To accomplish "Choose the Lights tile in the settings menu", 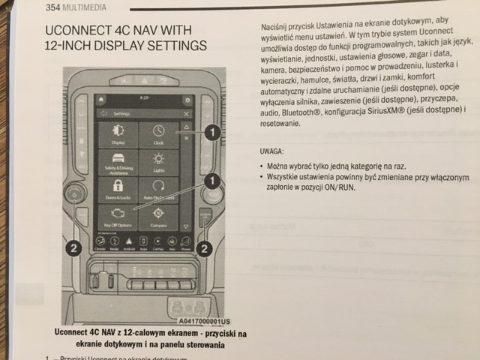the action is (x=158, y=162).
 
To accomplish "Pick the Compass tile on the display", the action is (x=158, y=217).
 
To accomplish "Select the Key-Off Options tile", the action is (x=118, y=217).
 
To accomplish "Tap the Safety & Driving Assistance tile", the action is (x=118, y=162).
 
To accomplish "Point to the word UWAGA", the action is (x=271, y=150).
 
